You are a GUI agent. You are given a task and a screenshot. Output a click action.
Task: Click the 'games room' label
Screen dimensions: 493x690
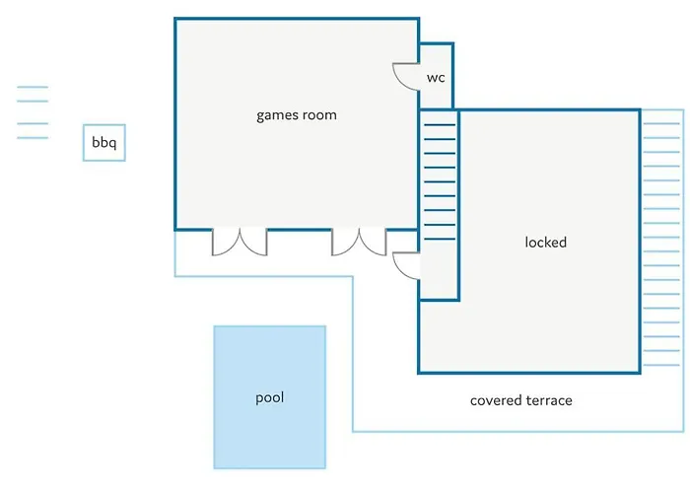(x=296, y=115)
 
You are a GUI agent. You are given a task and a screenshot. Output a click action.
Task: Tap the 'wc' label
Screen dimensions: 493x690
(x=436, y=78)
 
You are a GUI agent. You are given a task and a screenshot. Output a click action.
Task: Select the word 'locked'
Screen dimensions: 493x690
(x=545, y=242)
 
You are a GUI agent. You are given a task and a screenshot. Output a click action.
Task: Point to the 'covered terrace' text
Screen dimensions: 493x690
(x=520, y=400)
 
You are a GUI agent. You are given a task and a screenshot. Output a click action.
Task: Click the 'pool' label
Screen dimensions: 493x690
(x=269, y=398)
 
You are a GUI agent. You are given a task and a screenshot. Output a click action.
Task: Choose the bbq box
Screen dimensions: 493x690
(x=103, y=143)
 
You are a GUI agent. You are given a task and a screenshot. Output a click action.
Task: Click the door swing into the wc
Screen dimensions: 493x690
(x=406, y=77)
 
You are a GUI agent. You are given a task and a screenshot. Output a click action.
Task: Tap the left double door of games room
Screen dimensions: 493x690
(x=240, y=242)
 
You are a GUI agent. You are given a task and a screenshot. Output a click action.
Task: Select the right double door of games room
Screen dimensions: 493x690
(x=359, y=242)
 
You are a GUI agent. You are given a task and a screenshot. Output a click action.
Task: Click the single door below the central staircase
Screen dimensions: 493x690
(x=407, y=264)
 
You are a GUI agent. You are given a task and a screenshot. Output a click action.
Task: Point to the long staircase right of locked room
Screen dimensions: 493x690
(x=662, y=237)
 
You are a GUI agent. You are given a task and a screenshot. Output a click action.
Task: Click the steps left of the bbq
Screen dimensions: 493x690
(x=33, y=112)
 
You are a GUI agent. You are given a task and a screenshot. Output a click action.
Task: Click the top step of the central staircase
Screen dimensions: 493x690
(x=439, y=124)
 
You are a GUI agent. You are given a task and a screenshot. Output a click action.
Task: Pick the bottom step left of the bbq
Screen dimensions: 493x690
(x=33, y=137)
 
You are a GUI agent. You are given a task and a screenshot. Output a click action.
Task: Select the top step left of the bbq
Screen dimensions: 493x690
(x=33, y=88)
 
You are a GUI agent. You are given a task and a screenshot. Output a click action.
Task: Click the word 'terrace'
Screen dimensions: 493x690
(x=547, y=400)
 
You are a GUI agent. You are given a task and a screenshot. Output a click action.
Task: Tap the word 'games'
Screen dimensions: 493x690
(x=276, y=115)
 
